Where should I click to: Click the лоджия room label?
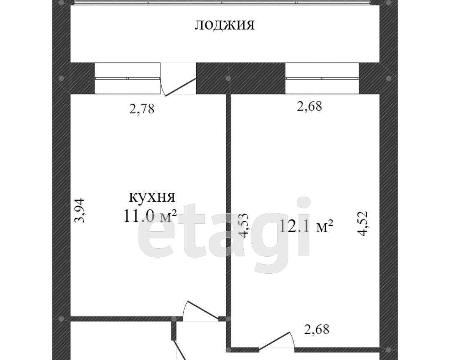225,25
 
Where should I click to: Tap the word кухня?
152,197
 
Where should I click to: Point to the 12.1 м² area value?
306,226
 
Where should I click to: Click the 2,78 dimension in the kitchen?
142,109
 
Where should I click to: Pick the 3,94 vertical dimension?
79,210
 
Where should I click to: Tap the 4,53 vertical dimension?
244,225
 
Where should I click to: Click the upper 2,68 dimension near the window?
309,106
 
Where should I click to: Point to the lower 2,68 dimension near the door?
317,329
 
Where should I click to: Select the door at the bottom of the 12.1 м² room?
277,342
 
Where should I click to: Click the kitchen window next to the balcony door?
127,78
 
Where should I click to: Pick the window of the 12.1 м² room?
322,78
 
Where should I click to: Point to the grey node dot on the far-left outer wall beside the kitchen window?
61,78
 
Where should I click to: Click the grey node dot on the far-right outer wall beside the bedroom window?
389,78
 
